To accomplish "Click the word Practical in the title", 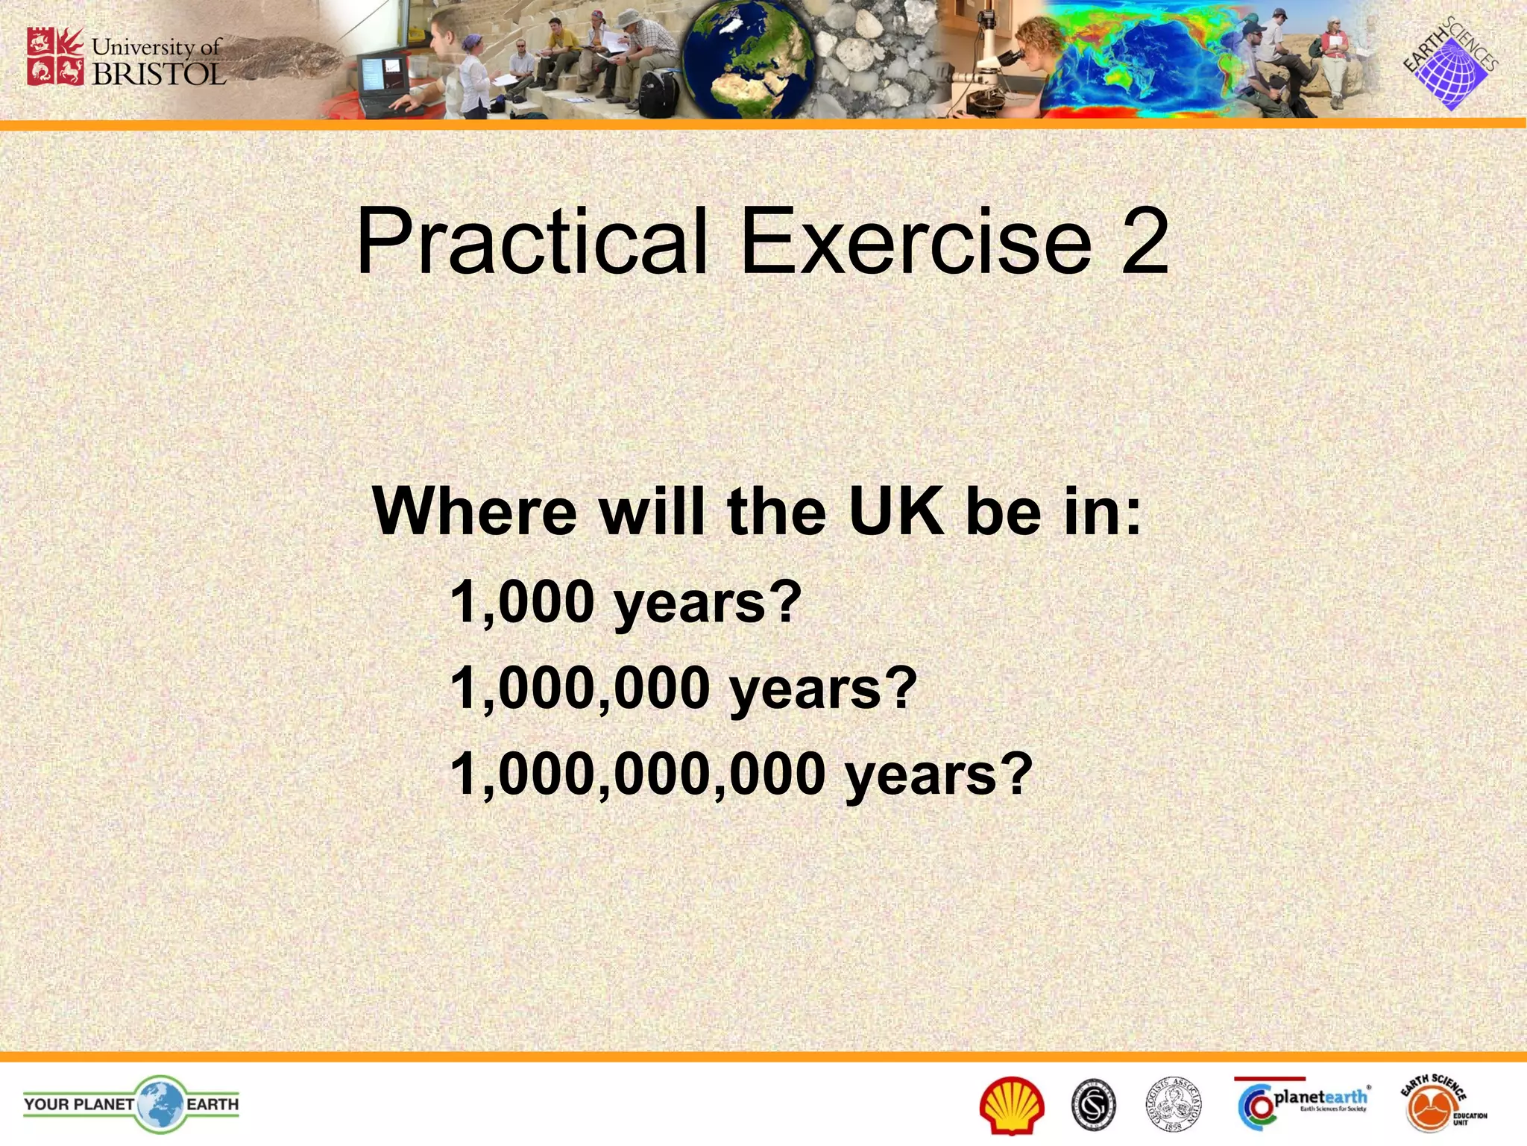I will pyautogui.click(x=531, y=242).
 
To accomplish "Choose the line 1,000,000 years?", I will pyautogui.click(x=683, y=689).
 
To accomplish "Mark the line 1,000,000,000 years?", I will pyautogui.click(x=741, y=774).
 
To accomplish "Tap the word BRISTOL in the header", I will pyautogui.click(x=158, y=74).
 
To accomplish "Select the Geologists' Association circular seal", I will pyautogui.click(x=1174, y=1105).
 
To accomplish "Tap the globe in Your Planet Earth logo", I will pyautogui.click(x=160, y=1104).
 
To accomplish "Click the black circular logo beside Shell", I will pyautogui.click(x=1094, y=1105).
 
